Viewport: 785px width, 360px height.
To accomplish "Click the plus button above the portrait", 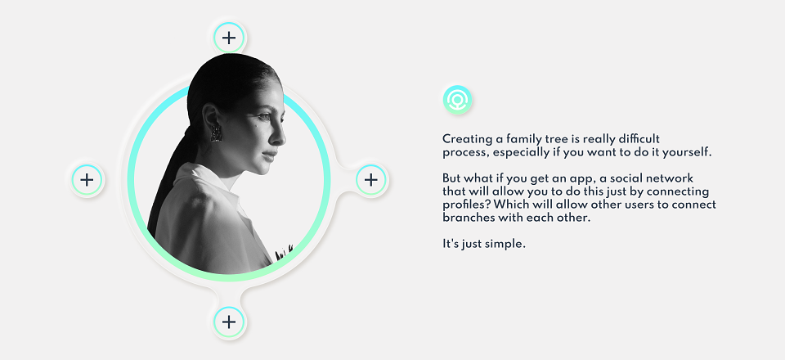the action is (229, 38).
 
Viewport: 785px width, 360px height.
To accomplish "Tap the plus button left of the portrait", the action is (87, 179).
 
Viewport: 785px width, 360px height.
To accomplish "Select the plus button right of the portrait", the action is (371, 179).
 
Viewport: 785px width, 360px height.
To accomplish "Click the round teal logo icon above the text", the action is (457, 99).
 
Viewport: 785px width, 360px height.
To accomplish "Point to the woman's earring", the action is (216, 133).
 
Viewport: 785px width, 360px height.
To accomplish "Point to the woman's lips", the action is (271, 154).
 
